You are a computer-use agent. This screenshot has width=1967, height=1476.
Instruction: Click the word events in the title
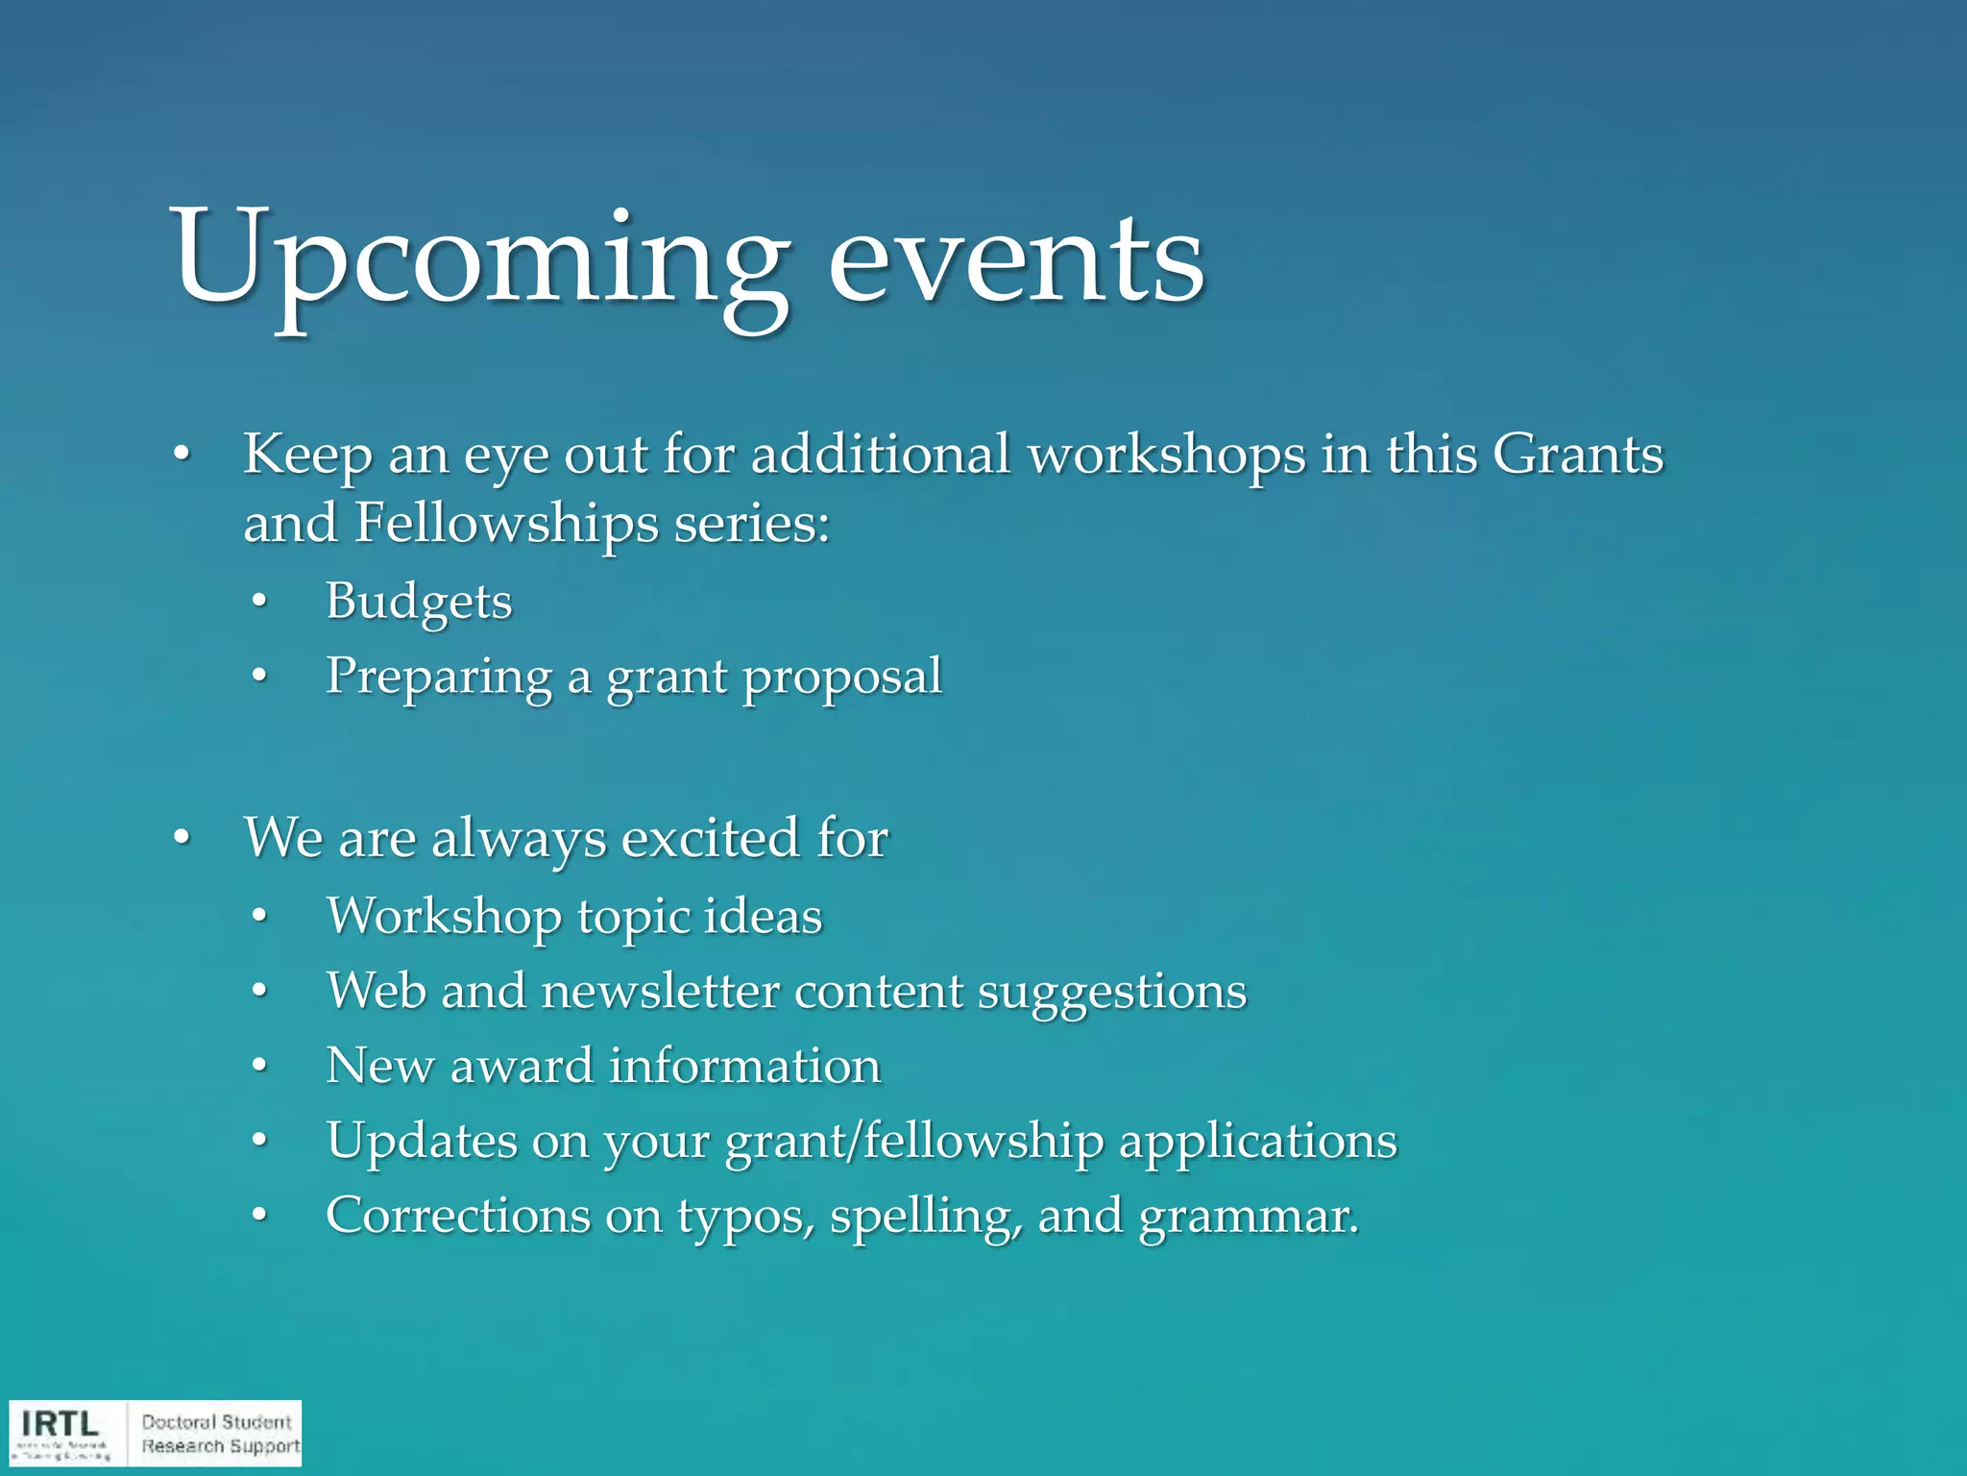(1015, 259)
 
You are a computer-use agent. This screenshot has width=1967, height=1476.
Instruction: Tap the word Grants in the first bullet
(1577, 454)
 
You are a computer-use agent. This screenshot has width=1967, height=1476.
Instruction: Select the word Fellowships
(506, 524)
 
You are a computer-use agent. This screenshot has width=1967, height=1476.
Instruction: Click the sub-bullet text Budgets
(419, 603)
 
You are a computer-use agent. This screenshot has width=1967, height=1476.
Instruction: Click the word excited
(712, 838)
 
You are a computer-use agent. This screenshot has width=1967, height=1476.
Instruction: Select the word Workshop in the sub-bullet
(444, 916)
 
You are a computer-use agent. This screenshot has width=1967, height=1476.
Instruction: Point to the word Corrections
(457, 1216)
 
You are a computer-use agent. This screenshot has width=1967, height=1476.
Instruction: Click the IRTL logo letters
(61, 1423)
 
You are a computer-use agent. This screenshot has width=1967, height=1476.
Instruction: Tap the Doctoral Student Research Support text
(219, 1434)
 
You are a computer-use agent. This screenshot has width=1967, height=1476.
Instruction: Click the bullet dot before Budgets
(257, 603)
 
